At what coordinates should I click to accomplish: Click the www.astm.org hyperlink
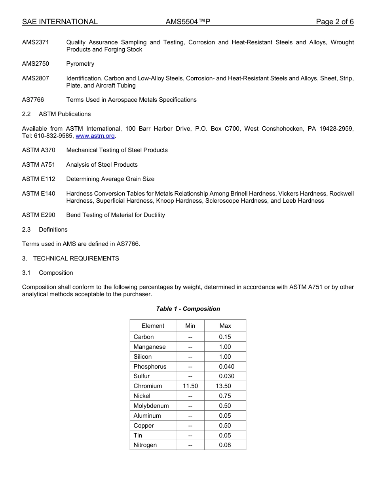pos(95,136)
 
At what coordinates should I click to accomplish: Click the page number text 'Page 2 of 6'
pos(334,22)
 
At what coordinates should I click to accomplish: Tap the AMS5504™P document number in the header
pos(188,22)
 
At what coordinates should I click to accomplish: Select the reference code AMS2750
pos(36,64)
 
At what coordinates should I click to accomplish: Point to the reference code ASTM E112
pos(39,179)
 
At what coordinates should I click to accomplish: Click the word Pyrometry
pos(80,64)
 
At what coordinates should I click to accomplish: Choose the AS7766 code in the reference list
pos(33,100)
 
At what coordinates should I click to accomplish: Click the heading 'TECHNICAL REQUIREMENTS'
pos(76,259)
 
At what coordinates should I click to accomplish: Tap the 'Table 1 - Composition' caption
pos(188,309)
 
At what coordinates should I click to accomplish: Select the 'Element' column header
pos(153,326)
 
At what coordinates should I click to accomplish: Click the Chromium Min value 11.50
pos(190,386)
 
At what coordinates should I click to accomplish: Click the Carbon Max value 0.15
pos(225,337)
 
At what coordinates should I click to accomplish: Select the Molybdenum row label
pos(151,406)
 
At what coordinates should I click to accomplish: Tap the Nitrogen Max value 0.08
pos(225,445)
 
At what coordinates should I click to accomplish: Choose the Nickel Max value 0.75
pos(225,396)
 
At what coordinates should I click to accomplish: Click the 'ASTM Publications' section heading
pos(65,114)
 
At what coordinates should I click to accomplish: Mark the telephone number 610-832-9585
pos(53,136)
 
